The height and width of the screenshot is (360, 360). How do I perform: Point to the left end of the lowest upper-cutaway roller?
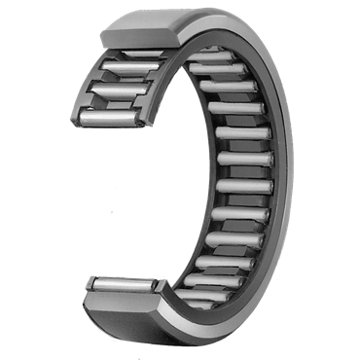[83, 116]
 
